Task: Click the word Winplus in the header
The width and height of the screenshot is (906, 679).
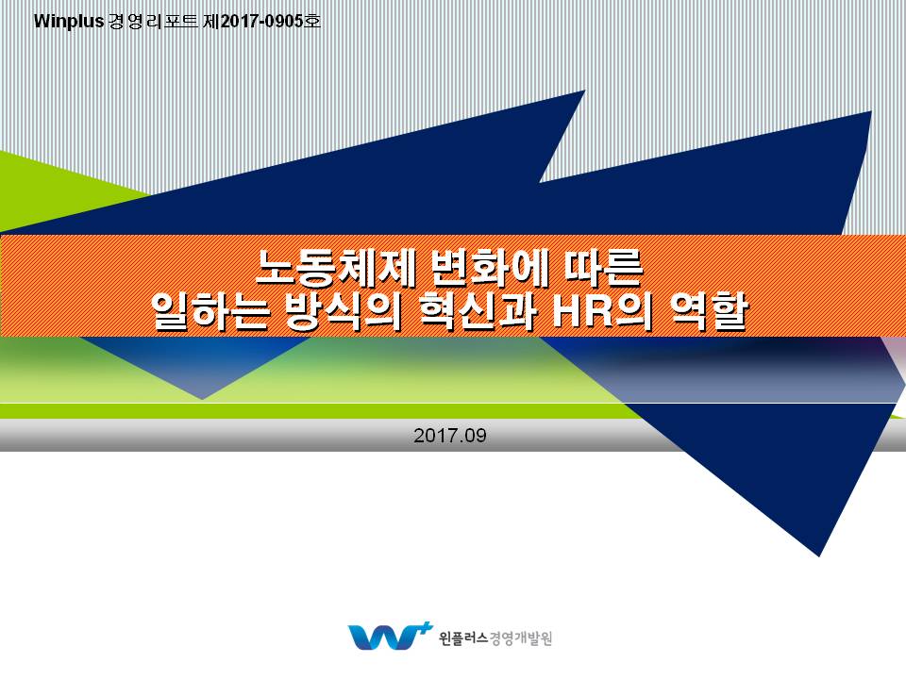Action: point(69,22)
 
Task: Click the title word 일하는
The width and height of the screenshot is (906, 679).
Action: point(210,312)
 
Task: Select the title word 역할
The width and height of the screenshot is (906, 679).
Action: point(709,312)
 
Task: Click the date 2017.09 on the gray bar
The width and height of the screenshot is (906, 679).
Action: point(450,436)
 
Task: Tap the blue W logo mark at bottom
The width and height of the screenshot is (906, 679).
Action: point(382,637)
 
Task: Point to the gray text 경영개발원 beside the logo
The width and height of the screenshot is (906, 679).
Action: point(521,638)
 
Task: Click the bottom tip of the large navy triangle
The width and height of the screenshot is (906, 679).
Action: point(819,556)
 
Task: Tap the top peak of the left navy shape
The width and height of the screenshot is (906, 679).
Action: point(585,91)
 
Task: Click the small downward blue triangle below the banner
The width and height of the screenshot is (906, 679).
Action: point(202,369)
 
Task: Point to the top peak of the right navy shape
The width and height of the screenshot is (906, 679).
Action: point(871,111)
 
